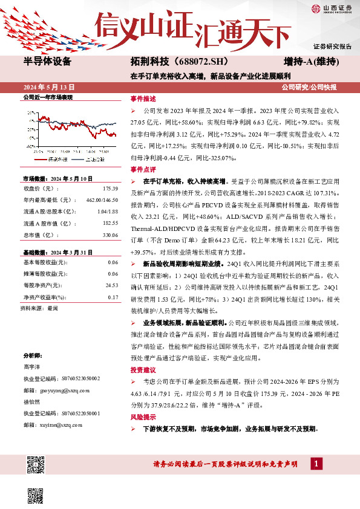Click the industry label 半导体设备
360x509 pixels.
(47, 62)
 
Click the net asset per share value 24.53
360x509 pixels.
(111, 285)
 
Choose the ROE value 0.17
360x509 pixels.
(113, 297)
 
